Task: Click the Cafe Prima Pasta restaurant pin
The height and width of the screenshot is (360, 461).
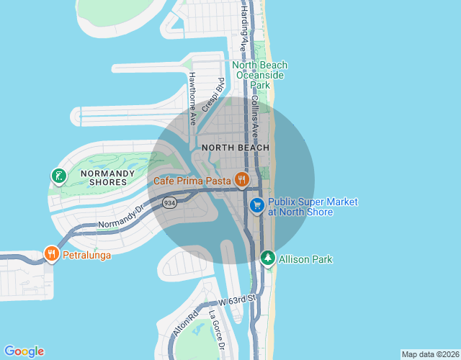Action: pyautogui.click(x=241, y=180)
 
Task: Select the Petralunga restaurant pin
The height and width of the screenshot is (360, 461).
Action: pyautogui.click(x=51, y=253)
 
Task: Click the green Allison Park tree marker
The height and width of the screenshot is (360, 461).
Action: pyautogui.click(x=268, y=258)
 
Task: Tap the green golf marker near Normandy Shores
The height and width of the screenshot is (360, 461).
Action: pyautogui.click(x=58, y=176)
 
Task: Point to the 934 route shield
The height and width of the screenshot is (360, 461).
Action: pyautogui.click(x=169, y=202)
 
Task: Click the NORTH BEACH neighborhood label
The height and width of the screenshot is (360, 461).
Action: pyautogui.click(x=236, y=148)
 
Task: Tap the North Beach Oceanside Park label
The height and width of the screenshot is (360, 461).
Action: pyautogui.click(x=261, y=75)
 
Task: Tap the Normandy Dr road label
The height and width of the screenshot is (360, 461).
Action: pyautogui.click(x=121, y=217)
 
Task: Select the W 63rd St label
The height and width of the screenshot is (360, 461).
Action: pyautogui.click(x=238, y=299)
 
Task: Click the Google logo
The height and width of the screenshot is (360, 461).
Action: pyautogui.click(x=24, y=351)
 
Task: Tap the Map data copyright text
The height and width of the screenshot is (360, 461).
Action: pyautogui.click(x=429, y=354)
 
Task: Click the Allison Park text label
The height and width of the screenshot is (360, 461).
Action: pyautogui.click(x=305, y=259)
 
